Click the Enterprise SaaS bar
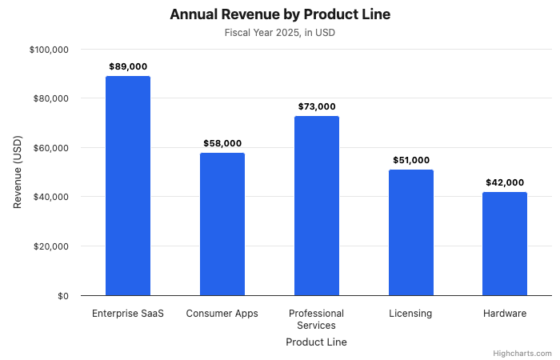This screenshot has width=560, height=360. point(128,186)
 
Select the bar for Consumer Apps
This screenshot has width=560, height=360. point(222,224)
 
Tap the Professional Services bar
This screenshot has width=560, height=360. point(317,206)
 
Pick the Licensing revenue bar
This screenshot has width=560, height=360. point(411,233)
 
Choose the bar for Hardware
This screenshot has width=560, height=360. point(505,244)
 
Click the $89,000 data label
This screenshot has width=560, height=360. point(128,66)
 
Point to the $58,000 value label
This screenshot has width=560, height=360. point(222,143)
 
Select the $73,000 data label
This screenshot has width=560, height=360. point(317,106)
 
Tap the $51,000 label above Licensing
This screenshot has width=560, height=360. point(411,160)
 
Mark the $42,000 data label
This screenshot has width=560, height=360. point(505,182)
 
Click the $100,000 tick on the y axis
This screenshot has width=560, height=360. point(50,50)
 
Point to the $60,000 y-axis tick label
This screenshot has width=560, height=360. point(52,148)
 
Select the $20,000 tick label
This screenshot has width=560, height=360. point(52,246)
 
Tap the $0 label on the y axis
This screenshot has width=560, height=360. point(62,296)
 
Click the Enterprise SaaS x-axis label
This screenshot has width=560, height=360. point(128,314)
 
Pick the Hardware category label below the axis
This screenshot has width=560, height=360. point(505,314)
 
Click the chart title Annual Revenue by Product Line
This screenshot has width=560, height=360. point(280,15)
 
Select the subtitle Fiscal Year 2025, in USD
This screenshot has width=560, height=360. point(280,33)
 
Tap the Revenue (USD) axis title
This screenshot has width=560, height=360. point(18,172)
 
